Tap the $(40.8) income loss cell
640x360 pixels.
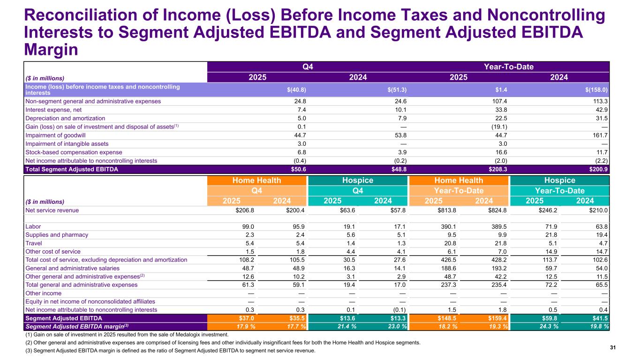297,90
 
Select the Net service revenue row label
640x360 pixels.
52,210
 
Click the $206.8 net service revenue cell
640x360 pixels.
243,210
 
